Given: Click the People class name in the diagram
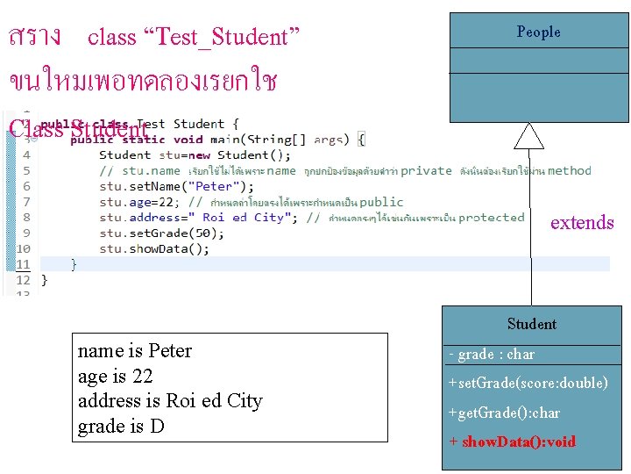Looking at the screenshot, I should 538,32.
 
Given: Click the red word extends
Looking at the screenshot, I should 582,223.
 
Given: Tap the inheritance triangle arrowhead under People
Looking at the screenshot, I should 528,135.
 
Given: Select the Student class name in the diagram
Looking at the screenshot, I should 531,324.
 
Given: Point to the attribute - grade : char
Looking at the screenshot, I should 491,355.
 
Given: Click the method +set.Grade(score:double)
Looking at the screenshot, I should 528,383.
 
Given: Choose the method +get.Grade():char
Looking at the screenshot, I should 504,413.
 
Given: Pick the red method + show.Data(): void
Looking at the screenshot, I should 512,442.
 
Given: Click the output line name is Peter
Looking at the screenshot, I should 135,351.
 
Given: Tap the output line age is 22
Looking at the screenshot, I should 116,377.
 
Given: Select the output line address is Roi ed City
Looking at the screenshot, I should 170,401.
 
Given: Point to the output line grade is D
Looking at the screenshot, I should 122,427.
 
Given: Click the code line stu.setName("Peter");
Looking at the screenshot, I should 176,186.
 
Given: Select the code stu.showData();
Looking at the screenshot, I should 154,248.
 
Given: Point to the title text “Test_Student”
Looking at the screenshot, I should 227,37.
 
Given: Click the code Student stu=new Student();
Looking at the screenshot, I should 183,155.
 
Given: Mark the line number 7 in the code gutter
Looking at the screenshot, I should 25,202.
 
